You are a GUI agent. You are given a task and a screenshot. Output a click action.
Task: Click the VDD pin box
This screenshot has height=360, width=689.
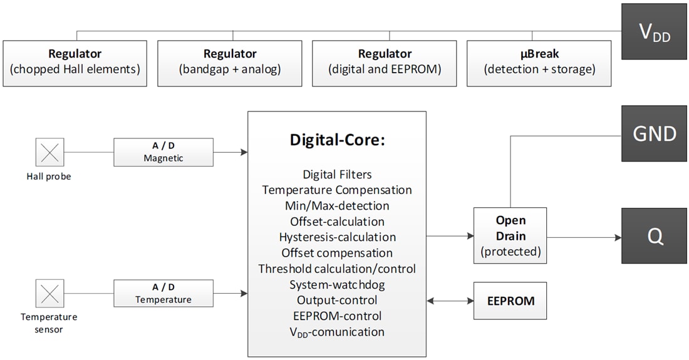[x=655, y=32]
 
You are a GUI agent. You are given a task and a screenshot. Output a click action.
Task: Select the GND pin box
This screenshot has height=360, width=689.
[x=655, y=133]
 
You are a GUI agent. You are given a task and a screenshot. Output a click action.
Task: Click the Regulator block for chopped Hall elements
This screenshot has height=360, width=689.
[x=75, y=63]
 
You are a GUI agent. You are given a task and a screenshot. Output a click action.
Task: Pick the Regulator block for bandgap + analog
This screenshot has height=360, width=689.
[x=230, y=63]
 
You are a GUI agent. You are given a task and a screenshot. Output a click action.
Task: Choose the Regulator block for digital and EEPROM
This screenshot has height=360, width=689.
[x=385, y=63]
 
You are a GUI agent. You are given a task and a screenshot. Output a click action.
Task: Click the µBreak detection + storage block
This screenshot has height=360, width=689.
[x=539, y=63]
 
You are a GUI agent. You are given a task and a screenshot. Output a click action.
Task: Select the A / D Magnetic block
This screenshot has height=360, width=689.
[x=163, y=152]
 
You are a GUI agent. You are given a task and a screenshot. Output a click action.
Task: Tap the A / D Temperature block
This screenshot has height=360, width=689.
[x=163, y=293]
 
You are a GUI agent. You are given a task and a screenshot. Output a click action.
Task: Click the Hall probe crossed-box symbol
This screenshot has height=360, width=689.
[x=49, y=152]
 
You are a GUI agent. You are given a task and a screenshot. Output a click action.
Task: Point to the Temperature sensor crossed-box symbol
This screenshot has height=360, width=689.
[x=49, y=293]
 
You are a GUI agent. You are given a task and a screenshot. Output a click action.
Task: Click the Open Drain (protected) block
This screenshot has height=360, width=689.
[x=510, y=235]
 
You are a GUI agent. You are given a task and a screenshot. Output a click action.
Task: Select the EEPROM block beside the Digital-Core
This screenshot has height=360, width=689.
[x=510, y=301]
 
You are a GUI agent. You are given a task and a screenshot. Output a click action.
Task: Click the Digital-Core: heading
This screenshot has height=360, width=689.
[x=337, y=140]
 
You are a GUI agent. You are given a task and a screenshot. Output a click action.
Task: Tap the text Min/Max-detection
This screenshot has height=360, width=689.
[x=337, y=206]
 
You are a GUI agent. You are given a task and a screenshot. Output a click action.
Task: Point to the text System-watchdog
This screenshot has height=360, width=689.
[x=337, y=285]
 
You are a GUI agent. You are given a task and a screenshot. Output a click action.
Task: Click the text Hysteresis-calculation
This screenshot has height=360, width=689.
[x=337, y=237]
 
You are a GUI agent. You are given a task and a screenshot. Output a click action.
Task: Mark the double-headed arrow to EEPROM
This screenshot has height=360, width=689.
[x=450, y=301]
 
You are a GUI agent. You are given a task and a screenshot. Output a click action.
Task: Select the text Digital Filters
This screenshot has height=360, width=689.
[x=337, y=174]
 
